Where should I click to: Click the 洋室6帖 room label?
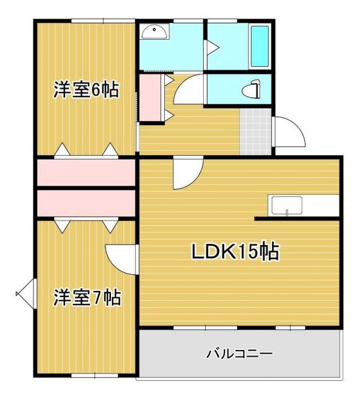click(86, 90)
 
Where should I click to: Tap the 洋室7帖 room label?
click(86, 297)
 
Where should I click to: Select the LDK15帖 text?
click(234, 251)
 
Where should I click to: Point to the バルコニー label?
click(239, 354)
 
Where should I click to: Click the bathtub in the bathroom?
click(259, 47)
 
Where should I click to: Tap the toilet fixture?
click(250, 91)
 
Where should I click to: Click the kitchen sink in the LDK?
click(286, 205)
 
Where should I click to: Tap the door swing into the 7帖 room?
click(121, 257)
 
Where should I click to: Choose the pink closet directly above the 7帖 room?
click(86, 203)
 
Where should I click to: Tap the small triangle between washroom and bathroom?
click(211, 47)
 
